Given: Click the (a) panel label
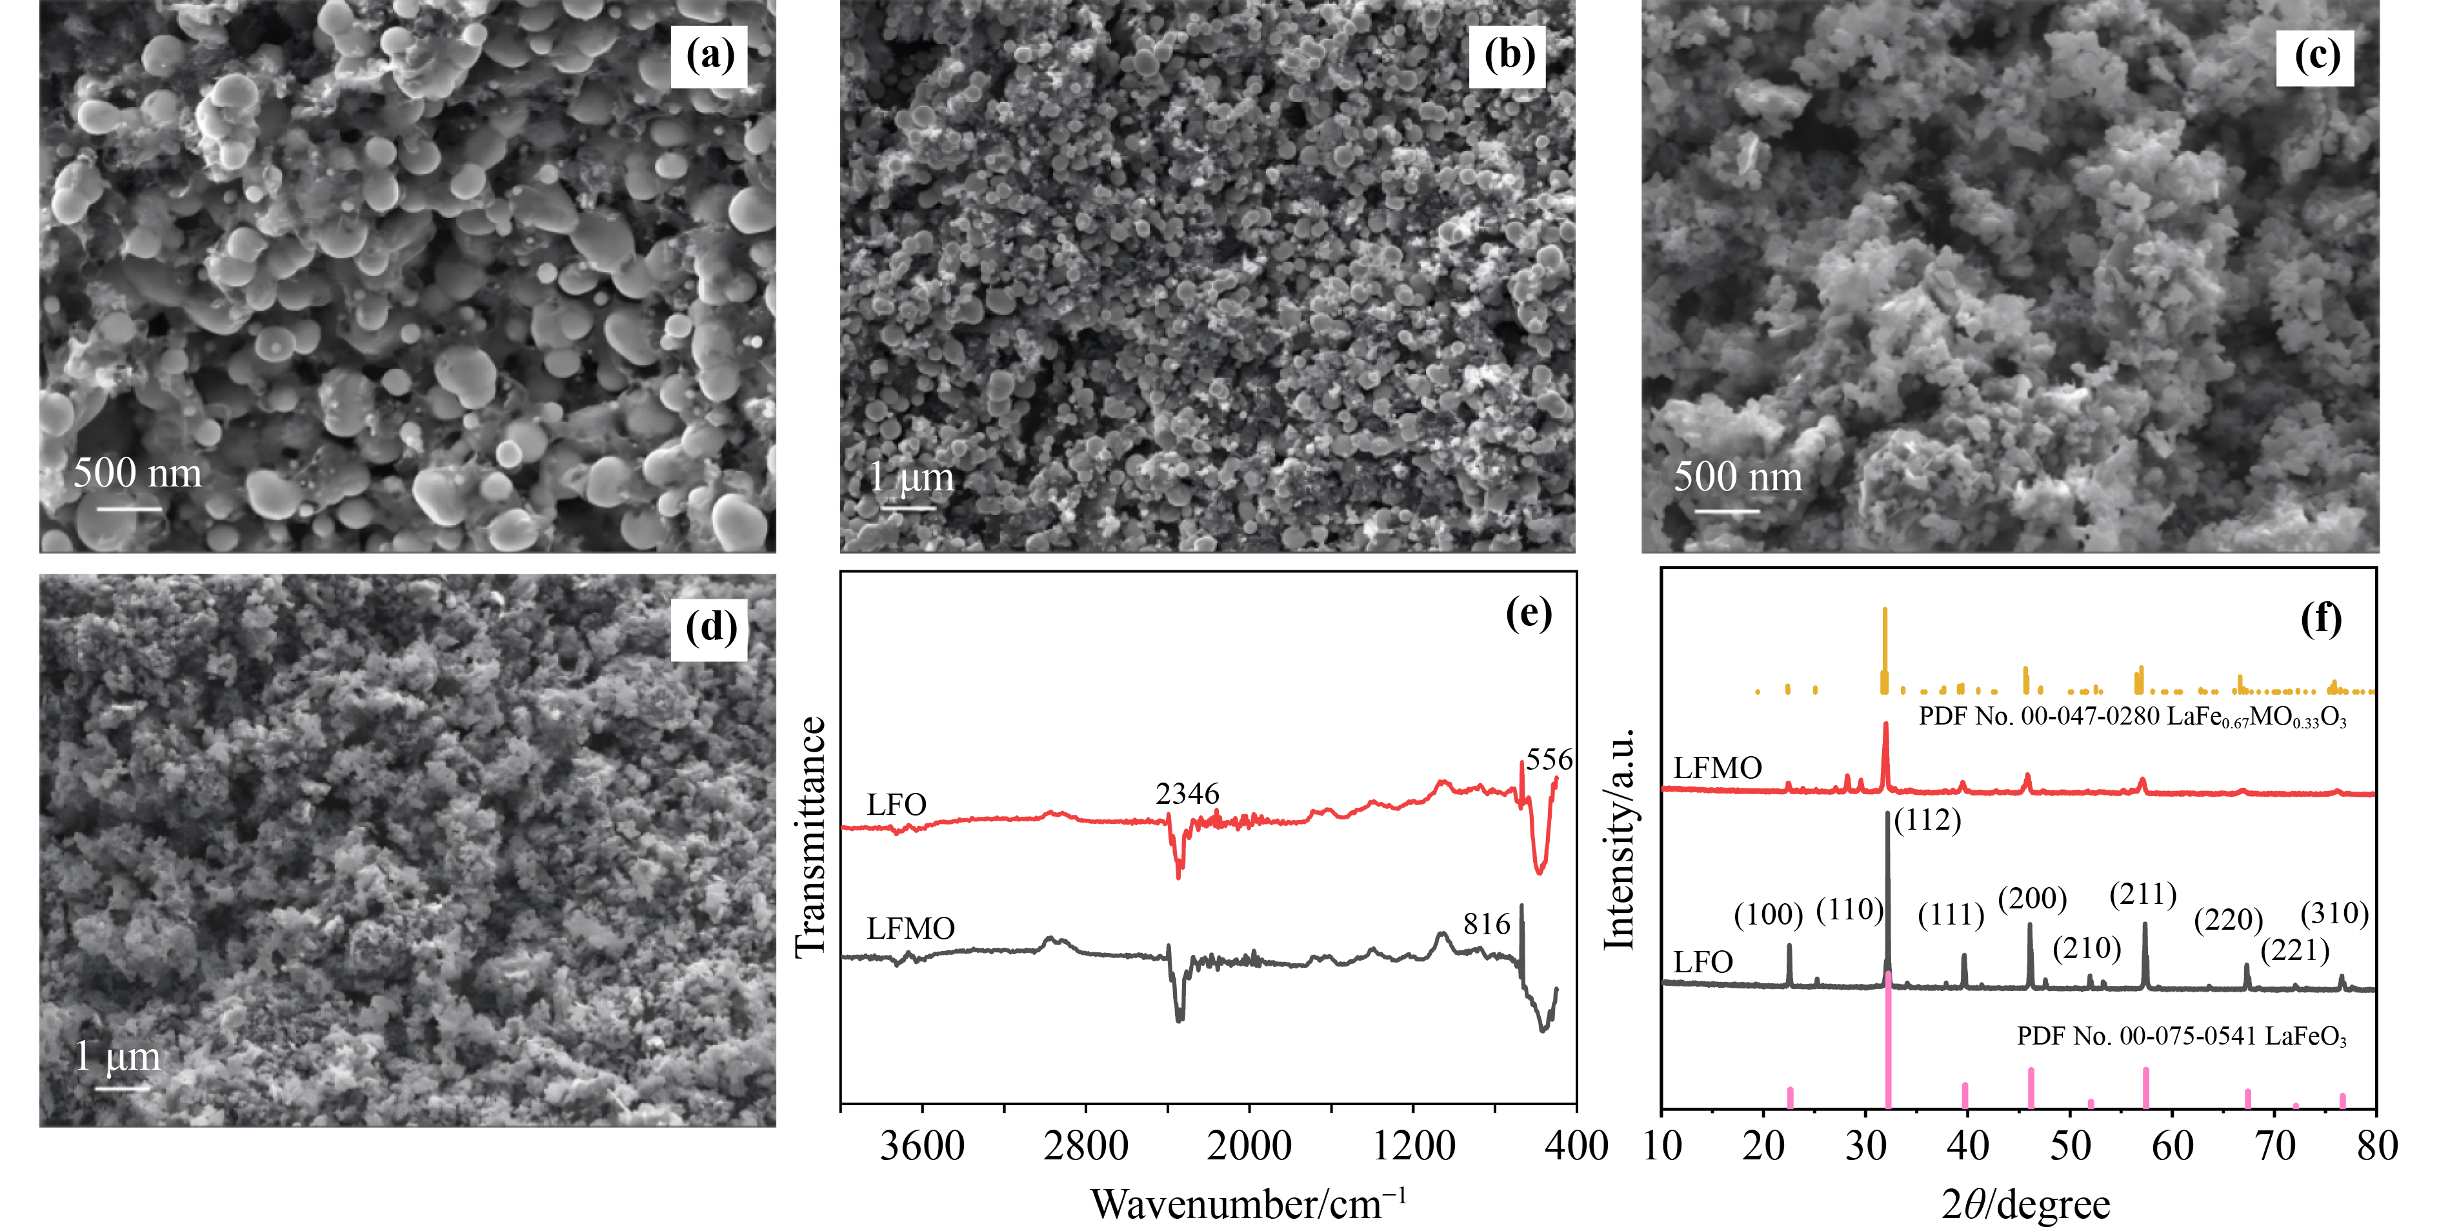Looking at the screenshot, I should click(709, 56).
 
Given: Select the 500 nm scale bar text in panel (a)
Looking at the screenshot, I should click(137, 474).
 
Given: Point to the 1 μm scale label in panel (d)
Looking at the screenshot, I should click(117, 1057).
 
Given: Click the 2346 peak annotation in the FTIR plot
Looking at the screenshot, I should click(1187, 794).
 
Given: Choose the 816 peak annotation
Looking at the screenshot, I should click(1487, 924).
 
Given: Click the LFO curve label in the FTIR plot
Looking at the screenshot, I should click(896, 805).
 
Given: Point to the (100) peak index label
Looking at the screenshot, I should click(1769, 915).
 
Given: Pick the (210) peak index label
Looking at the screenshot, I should click(2087, 948).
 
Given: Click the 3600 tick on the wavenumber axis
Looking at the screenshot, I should click(922, 1146).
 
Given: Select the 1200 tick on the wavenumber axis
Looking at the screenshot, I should click(1414, 1146).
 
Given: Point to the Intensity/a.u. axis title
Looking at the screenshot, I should click(1620, 839).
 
